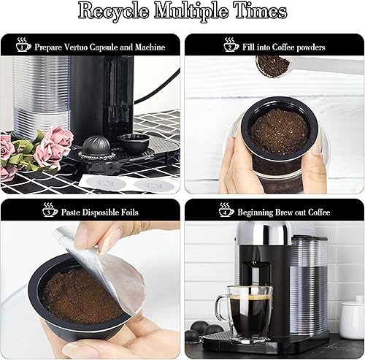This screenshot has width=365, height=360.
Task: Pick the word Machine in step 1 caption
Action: pos(149,47)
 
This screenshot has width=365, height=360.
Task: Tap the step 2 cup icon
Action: pos(231,45)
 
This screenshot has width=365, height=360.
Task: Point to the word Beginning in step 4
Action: pos(259,212)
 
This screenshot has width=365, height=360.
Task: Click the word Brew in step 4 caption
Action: pos(295,212)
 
